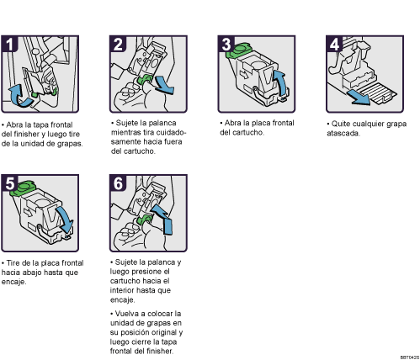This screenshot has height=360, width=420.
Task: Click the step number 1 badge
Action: tap(9, 44)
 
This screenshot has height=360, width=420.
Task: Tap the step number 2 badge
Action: tap(118, 44)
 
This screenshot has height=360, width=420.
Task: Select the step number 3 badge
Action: tap(226, 44)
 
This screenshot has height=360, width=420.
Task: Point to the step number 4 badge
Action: tap(334, 44)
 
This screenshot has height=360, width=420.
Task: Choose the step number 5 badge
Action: tap(9, 183)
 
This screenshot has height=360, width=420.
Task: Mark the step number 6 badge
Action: tap(118, 183)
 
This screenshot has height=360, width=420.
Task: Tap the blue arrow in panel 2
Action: tap(164, 86)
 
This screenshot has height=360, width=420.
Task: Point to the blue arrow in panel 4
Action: tap(359, 98)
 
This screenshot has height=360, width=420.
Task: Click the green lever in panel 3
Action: tap(237, 50)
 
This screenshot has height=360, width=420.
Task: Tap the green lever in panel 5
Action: tap(23, 188)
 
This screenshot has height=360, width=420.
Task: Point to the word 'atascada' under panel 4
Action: tap(343, 133)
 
